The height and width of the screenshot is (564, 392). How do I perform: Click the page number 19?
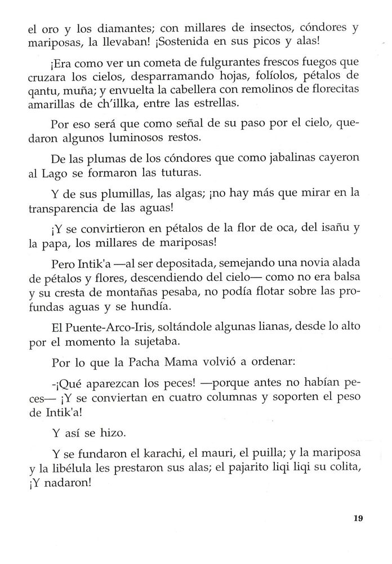[360, 519]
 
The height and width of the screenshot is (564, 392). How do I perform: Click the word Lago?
[61, 175]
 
